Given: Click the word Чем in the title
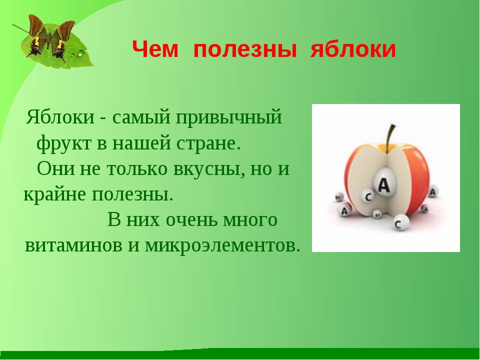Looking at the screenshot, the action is pos(155,49).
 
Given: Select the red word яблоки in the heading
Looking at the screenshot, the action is pos(353,49).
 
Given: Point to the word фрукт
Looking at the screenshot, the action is pos(64,143).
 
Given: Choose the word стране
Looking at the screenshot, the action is pos(208,143).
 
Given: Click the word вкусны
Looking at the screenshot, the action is pos(209,169).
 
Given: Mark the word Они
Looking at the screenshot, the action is pos(55,168).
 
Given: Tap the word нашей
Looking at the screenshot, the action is pos(141,143).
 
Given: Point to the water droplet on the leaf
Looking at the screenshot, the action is pos(81,53).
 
